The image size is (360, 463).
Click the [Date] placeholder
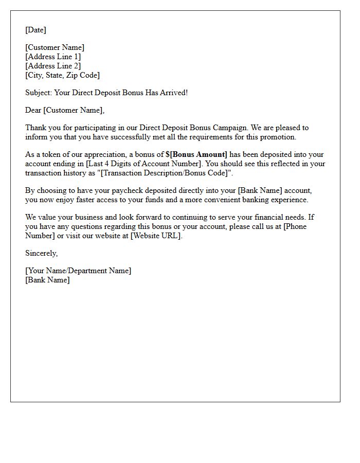point(35,30)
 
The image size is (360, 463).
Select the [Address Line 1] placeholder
point(53,57)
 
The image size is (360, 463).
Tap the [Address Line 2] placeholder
point(53,66)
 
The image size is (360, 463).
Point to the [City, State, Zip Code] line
point(62,75)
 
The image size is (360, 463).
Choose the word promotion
point(277,137)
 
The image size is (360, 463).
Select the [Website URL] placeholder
point(155,236)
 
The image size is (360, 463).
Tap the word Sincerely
point(41,253)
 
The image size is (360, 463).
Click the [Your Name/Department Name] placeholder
point(78,271)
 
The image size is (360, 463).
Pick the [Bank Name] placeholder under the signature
point(47,280)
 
